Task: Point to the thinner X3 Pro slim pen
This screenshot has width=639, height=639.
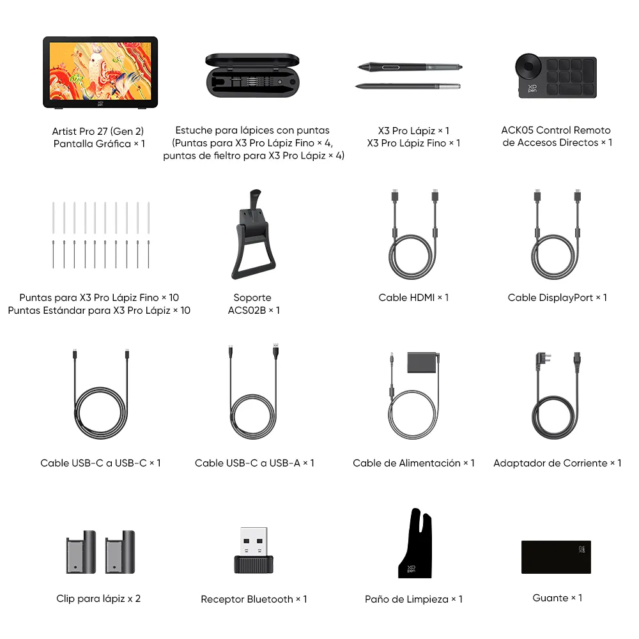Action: pyautogui.click(x=408, y=86)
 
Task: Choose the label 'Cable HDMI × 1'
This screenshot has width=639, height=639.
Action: pyautogui.click(x=413, y=297)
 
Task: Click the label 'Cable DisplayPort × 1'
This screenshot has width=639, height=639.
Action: pyautogui.click(x=557, y=297)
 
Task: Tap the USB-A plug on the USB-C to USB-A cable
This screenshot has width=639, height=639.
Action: pyautogui.click(x=276, y=353)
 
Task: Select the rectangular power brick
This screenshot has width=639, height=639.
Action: pyautogui.click(x=424, y=362)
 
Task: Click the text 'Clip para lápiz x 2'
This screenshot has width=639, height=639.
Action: pyautogui.click(x=98, y=598)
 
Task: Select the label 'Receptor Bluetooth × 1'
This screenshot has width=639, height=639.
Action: pyautogui.click(x=254, y=599)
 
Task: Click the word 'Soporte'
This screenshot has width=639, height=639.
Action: pyautogui.click(x=252, y=297)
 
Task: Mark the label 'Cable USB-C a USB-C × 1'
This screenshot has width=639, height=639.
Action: pyautogui.click(x=100, y=463)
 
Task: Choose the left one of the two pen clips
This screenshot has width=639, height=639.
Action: pyautogui.click(x=81, y=551)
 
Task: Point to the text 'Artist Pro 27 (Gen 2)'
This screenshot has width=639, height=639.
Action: pyautogui.click(x=99, y=131)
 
